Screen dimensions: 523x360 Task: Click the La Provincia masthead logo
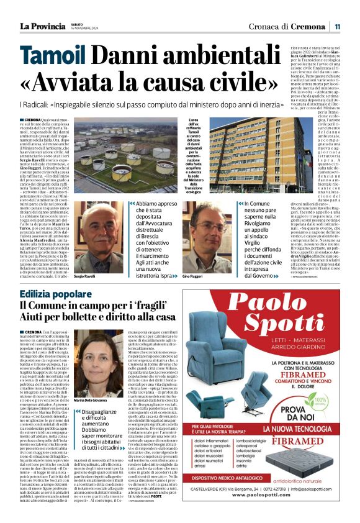tap(42, 26)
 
